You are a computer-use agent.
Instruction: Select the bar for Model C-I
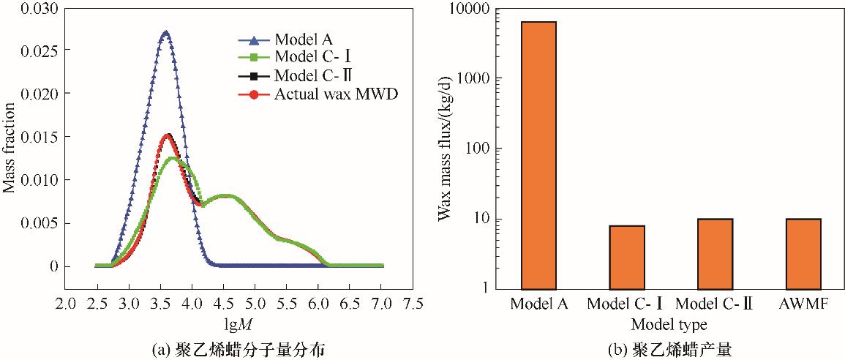[x=626, y=257]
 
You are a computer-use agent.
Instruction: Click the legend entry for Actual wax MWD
[x=336, y=94]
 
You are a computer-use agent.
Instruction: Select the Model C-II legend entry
[x=310, y=75]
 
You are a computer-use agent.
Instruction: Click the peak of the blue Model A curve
[x=165, y=33]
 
